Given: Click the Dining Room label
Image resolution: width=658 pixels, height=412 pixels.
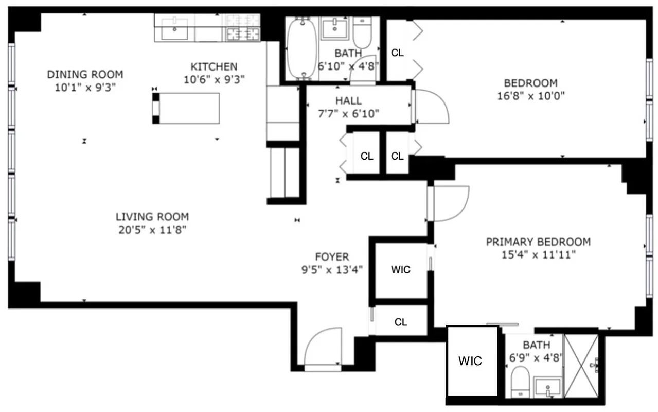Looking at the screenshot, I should [x=85, y=74].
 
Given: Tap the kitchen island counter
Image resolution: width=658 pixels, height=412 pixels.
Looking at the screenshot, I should [x=186, y=108].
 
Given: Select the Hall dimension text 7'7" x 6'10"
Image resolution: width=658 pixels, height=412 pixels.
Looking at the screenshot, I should [x=349, y=114].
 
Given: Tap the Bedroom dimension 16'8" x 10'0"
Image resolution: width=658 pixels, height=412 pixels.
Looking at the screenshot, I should [x=530, y=96].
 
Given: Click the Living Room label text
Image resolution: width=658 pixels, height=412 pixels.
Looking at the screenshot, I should [x=152, y=217].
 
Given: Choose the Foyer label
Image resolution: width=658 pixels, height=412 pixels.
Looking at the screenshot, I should [x=332, y=256].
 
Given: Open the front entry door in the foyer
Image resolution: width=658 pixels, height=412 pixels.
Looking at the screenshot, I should [x=322, y=350].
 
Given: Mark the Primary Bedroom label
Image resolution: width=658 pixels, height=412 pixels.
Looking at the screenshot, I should [x=538, y=242].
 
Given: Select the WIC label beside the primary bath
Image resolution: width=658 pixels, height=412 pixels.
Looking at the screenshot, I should [x=471, y=361].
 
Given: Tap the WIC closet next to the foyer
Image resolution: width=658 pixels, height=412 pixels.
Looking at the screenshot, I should [x=401, y=269].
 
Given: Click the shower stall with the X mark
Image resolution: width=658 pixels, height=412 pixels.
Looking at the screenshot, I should [x=581, y=366].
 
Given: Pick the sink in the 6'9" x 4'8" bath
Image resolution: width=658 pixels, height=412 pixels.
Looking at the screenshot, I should [x=548, y=387].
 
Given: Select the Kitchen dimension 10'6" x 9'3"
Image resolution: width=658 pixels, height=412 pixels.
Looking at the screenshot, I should [x=214, y=79].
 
